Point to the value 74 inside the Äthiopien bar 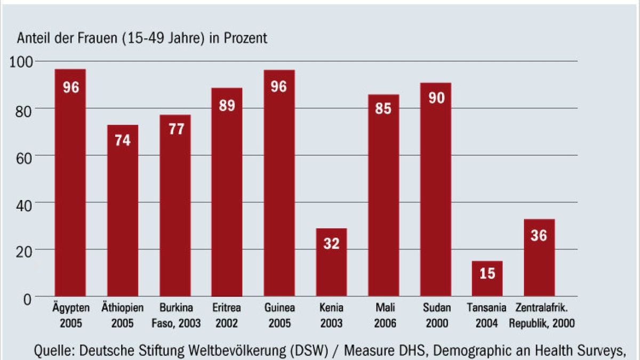(123, 141)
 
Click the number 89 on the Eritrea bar (227, 105)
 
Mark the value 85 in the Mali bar (383, 109)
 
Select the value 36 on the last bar (539, 235)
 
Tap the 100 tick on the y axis (22, 62)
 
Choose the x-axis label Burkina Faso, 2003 (175, 315)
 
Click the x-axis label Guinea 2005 (279, 315)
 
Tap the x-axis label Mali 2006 (383, 315)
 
